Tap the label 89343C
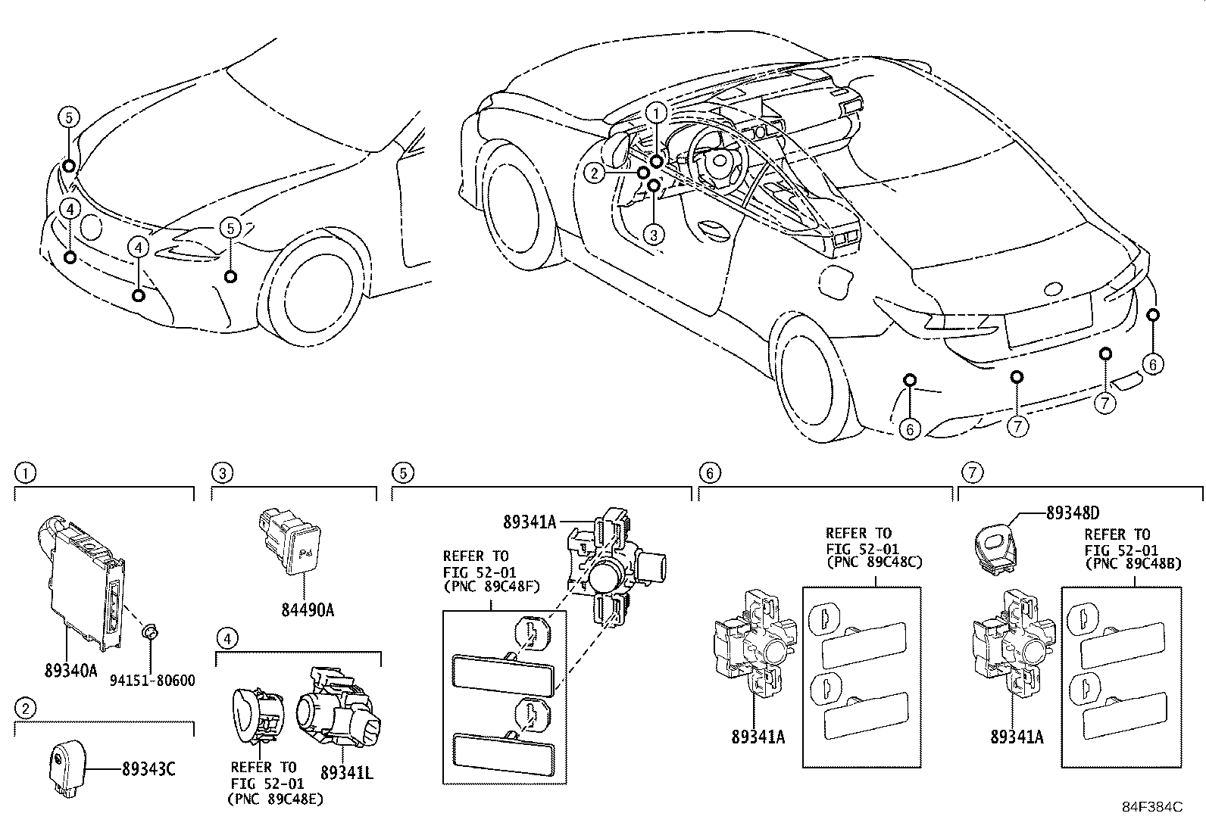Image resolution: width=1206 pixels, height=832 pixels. coord(148,769)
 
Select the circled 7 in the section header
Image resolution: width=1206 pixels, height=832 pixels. coord(971,474)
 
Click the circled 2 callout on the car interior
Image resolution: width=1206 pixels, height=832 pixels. coord(595,173)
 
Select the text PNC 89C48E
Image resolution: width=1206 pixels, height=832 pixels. coord(275,798)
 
